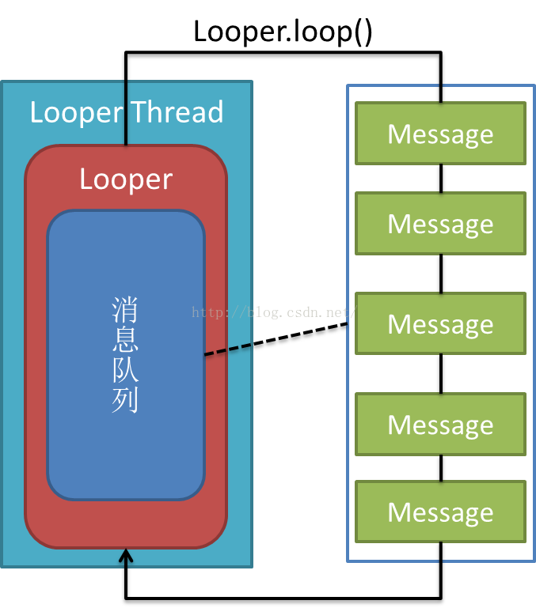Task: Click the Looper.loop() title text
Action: pyautogui.click(x=283, y=31)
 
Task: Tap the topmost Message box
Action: pyautogui.click(x=440, y=134)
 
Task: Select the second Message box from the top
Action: pyautogui.click(x=440, y=224)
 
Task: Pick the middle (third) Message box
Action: pyautogui.click(x=440, y=323)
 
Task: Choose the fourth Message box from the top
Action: pyautogui.click(x=440, y=425)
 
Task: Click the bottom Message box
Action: pyautogui.click(x=440, y=512)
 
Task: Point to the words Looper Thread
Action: pyautogui.click(x=126, y=111)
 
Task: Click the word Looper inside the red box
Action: pyautogui.click(x=126, y=179)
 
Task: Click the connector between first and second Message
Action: pyautogui.click(x=441, y=179)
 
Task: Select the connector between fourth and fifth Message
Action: pyautogui.click(x=441, y=468)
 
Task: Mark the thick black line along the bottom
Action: pyautogui.click(x=283, y=593)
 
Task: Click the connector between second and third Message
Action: pyautogui.click(x=441, y=274)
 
